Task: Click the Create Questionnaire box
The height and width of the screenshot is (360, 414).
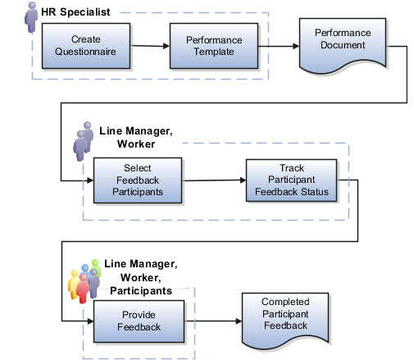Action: (86, 46)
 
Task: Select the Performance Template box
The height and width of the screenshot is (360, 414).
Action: (214, 46)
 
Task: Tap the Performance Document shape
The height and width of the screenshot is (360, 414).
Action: (343, 46)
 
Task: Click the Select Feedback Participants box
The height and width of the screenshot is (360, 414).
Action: (138, 180)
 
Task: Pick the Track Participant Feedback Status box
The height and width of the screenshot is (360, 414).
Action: (291, 180)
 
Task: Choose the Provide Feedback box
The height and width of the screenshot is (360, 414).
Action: (139, 321)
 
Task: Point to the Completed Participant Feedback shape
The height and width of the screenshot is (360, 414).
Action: (285, 321)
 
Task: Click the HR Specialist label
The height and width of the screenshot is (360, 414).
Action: (75, 12)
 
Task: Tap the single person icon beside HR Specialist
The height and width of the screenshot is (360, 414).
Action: (31, 17)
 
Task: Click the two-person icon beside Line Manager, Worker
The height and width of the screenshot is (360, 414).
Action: (83, 141)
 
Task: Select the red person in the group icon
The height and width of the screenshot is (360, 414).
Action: (83, 289)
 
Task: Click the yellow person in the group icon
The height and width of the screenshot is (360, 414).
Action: (73, 284)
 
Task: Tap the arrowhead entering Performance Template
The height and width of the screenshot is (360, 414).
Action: (166, 46)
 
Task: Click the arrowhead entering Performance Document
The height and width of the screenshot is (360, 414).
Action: (296, 46)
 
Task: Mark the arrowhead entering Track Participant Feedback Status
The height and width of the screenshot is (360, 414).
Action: (243, 180)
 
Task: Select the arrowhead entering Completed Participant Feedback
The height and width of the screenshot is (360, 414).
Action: (239, 321)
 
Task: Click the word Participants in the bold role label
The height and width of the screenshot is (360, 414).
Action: (141, 290)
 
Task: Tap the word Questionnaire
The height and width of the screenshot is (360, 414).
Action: (85, 52)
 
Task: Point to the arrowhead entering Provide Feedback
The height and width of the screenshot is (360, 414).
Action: (90, 321)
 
